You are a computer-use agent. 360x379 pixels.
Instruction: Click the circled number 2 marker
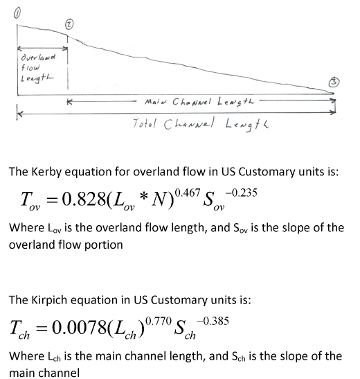pyautogui.click(x=68, y=24)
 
